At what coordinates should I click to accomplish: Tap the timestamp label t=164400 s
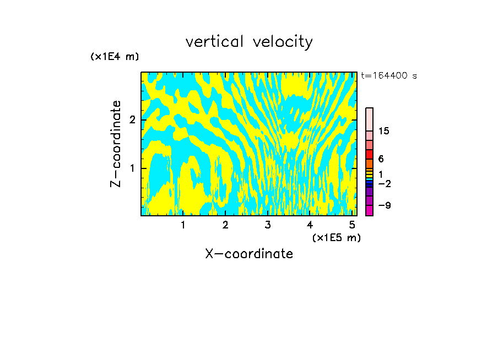click(389, 75)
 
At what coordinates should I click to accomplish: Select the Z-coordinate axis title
click(116, 144)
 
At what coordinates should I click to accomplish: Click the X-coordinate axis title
click(249, 254)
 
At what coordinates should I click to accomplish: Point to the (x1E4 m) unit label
click(115, 57)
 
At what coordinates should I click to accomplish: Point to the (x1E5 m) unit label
click(336, 237)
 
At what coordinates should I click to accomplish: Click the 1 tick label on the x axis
click(183, 225)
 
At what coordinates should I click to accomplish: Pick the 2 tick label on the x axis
click(225, 225)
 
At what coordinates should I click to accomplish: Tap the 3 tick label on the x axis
click(268, 225)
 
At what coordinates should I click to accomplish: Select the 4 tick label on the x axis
click(310, 225)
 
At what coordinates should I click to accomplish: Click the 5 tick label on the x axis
click(352, 225)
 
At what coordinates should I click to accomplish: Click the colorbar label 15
click(384, 131)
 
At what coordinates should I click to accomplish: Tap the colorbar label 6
click(381, 159)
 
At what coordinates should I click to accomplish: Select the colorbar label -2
click(384, 183)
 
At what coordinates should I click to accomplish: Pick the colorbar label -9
click(384, 205)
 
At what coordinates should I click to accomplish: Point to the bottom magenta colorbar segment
click(369, 210)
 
